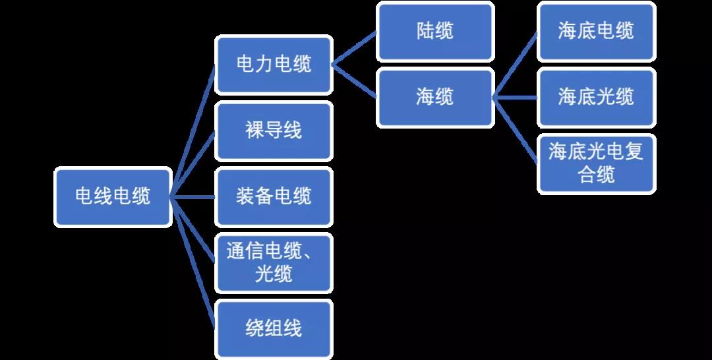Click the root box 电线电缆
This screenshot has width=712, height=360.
coord(113,196)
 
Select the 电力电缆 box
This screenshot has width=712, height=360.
coord(274,65)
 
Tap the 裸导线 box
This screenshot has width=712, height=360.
coord(274,131)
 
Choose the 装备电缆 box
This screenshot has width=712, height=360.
coord(274,196)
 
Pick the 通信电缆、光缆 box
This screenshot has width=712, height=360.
coord(274,262)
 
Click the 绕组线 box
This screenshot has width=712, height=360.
coord(274,328)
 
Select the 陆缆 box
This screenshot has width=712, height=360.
coord(435,31)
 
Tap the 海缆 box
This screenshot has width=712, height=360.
coord(435,98)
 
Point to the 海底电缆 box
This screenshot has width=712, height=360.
coord(596,31)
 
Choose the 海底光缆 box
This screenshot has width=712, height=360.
coord(596,98)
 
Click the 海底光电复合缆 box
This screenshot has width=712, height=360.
coord(596,164)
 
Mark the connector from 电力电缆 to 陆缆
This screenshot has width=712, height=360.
coord(354,48)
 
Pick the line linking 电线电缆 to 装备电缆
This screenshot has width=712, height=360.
coord(193,196)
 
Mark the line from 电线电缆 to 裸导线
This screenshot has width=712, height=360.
coord(193,164)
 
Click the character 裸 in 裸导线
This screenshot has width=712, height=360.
coord(254,131)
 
